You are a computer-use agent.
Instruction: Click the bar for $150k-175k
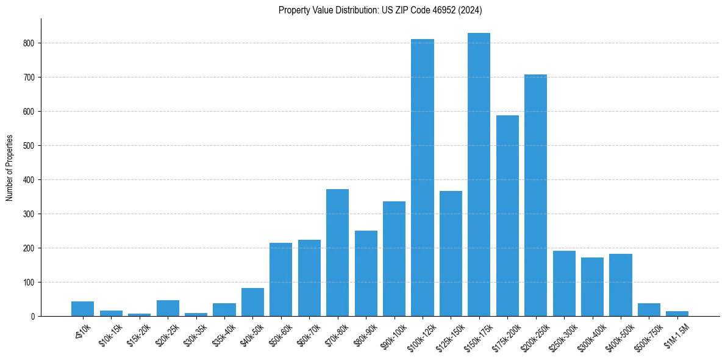click(479, 175)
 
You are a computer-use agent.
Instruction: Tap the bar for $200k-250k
click(535, 195)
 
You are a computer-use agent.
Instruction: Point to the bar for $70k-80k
click(337, 253)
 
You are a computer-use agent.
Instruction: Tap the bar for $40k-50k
click(252, 302)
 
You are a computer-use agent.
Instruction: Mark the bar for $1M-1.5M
click(677, 314)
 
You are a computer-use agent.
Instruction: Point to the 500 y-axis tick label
click(31, 146)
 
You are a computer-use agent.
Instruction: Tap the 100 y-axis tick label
click(31, 283)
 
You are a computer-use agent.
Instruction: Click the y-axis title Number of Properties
click(10, 168)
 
